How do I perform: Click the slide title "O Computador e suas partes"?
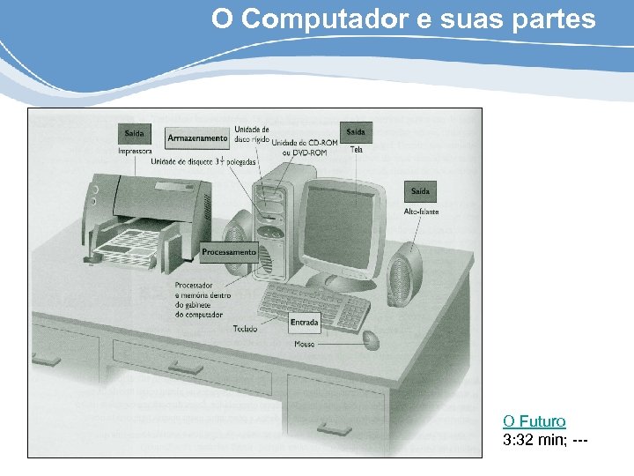pyautogui.click(x=403, y=19)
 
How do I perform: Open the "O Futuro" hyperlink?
pyautogui.click(x=534, y=421)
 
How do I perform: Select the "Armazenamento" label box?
pyautogui.click(x=197, y=138)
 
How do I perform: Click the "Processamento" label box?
pyautogui.click(x=228, y=252)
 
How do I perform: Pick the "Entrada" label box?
pyautogui.click(x=304, y=323)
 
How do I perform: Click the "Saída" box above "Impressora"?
pyautogui.click(x=134, y=134)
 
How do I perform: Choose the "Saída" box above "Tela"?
pyautogui.click(x=355, y=132)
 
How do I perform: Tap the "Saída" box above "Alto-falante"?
pyautogui.click(x=421, y=191)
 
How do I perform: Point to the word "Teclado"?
pyautogui.click(x=245, y=329)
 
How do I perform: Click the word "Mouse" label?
pyautogui.click(x=304, y=345)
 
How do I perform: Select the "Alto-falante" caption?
pyautogui.click(x=421, y=212)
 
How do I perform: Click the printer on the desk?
pyautogui.click(x=145, y=220)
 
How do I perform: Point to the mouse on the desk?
pyautogui.click(x=371, y=339)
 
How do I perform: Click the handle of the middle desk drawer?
pyautogui.click(x=187, y=365)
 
